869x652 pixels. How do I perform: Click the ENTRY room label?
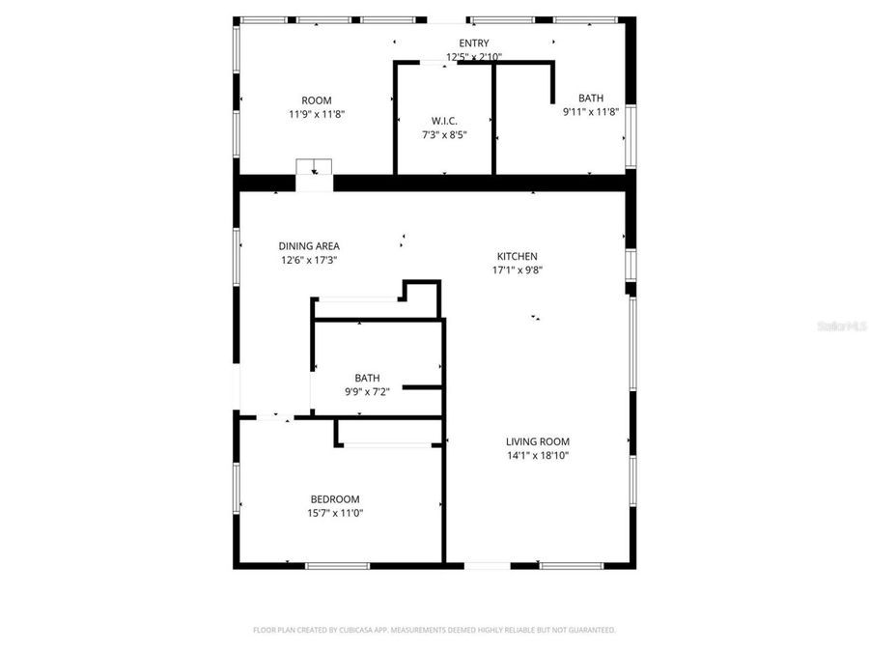click(474, 43)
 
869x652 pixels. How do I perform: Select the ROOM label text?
click(316, 100)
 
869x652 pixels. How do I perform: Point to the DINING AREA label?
click(309, 246)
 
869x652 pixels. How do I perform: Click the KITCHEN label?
click(517, 256)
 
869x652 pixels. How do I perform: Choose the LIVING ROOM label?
click(538, 441)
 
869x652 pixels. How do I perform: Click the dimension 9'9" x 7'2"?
click(367, 392)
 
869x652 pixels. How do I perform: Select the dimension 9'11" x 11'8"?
click(590, 112)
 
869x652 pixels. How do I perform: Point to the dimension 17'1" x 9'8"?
click(517, 270)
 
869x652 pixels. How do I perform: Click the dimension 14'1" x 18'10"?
click(538, 456)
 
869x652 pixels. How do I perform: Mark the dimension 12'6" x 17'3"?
click(309, 260)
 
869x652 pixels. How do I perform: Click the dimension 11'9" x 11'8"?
click(316, 114)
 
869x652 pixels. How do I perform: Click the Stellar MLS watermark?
click(842, 327)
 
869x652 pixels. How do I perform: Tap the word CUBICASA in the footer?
click(357, 630)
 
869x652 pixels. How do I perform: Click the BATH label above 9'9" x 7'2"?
click(367, 379)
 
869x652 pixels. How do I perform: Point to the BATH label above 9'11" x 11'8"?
click(590, 98)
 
